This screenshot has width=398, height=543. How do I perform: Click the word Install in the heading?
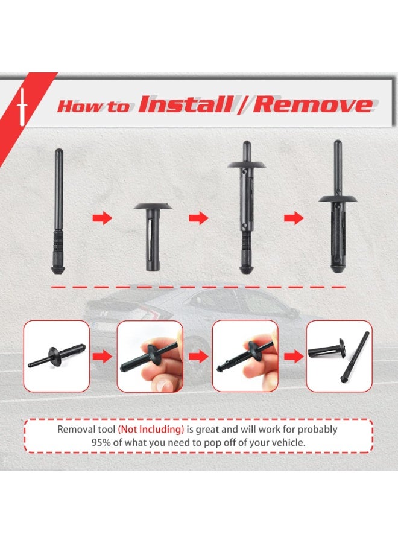click(x=185, y=104)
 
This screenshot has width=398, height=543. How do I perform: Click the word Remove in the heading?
click(x=312, y=104)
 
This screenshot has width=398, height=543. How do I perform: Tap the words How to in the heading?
click(x=93, y=106)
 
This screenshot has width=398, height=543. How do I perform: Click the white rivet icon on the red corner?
click(x=22, y=102)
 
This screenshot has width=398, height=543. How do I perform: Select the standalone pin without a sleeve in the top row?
click(x=57, y=211)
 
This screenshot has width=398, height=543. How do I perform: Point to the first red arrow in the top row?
click(x=103, y=218)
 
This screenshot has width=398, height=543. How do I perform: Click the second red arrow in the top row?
click(x=198, y=218)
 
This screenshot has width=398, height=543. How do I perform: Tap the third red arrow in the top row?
click(x=294, y=218)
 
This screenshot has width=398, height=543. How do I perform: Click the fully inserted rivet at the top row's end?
click(x=338, y=206)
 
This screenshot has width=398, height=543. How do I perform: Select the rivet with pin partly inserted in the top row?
click(x=247, y=207)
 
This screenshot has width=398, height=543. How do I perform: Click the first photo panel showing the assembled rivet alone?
click(x=57, y=356)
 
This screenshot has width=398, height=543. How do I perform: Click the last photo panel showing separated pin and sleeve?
click(x=339, y=356)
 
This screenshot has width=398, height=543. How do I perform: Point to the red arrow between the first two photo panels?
click(x=103, y=357)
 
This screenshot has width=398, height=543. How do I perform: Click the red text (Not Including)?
click(x=151, y=430)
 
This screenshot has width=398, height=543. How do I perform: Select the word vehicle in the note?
click(x=288, y=443)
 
